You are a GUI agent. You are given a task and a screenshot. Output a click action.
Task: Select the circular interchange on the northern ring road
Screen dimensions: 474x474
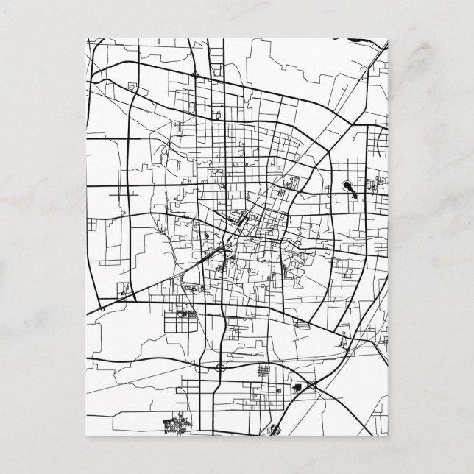click(195, 74)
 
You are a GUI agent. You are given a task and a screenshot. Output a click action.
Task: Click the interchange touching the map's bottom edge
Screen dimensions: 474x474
click(275, 428)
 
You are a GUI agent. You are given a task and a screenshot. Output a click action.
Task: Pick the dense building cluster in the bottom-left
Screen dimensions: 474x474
click(175, 425)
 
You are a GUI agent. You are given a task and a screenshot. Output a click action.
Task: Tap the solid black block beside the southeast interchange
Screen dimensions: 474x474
click(299, 388)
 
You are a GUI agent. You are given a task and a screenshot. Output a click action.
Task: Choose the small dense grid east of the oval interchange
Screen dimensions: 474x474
click(260, 374)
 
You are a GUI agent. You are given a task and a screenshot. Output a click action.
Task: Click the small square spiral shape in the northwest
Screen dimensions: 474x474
click(133, 89)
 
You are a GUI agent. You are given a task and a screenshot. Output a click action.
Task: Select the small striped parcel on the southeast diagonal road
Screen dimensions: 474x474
click(301, 323)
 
